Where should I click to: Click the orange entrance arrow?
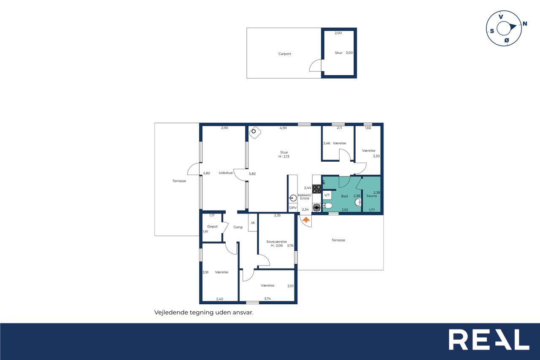coord(306,219)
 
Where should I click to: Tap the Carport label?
coord(285,54)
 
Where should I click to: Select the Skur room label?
coord(338,53)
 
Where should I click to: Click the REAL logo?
coord(489,339)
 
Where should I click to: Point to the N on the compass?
coord(524,24)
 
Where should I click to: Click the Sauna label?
coord(372,196)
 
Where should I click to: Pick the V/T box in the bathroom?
coord(327,195)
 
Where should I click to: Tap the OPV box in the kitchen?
coord(293,208)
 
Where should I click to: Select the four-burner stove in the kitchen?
coord(317,189)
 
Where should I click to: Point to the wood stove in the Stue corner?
coord(255,133)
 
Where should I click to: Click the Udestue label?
coord(226,173)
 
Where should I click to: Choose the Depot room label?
coord(212,226)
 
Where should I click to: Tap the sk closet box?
coord(253,222)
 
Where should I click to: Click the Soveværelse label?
coord(276,241)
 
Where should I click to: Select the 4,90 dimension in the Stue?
coord(283,128)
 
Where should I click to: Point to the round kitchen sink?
coord(293,198)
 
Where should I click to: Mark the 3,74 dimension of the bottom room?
coord(267,298)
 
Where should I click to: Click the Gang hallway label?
coord(238,227)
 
